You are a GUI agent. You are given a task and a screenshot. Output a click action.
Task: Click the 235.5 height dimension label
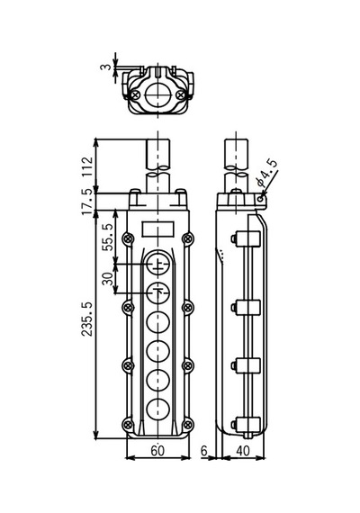click(87, 319)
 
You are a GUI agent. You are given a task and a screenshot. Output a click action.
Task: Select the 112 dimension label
click(87, 166)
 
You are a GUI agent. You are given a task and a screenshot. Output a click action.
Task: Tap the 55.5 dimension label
click(108, 238)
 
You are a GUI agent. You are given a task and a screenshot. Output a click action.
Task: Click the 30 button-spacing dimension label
click(108, 278)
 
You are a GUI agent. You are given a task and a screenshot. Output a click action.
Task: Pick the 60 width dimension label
click(157, 451)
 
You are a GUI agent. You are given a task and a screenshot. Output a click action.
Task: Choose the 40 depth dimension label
click(243, 451)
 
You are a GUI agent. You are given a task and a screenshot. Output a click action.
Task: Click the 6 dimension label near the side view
click(204, 451)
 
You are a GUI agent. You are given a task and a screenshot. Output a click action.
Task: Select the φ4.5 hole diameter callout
click(267, 173)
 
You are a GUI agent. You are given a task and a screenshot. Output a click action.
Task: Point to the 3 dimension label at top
click(105, 67)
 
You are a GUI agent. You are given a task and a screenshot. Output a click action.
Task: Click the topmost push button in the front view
click(157, 264)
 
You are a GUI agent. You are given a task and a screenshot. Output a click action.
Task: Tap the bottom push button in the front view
click(157, 409)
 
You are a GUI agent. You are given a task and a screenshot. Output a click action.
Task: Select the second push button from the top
click(157, 293)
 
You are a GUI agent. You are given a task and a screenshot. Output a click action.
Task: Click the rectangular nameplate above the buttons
click(158, 229)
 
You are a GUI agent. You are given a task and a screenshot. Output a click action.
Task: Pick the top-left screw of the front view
click(128, 238)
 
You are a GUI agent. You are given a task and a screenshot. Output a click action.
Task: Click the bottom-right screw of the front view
click(187, 425)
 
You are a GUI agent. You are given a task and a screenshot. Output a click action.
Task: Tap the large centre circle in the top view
click(157, 94)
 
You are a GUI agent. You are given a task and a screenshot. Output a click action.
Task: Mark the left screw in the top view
click(136, 94)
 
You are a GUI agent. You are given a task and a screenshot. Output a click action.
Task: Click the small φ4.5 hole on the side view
click(260, 198)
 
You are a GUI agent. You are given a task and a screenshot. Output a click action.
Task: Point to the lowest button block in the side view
click(247, 424)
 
